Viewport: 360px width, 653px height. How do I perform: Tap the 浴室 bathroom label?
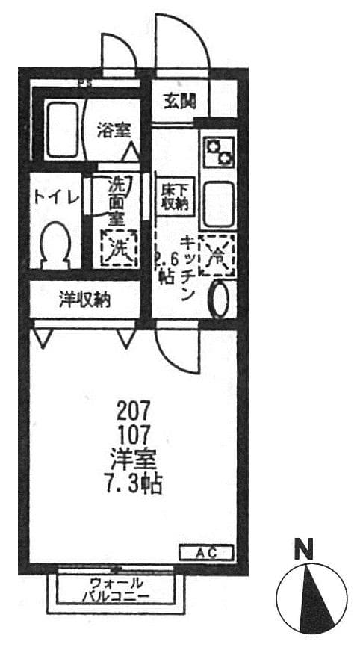pyautogui.click(x=113, y=129)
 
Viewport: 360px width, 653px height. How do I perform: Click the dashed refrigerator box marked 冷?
pyautogui.click(x=217, y=254)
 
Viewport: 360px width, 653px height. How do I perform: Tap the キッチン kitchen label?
pyautogui.click(x=187, y=267)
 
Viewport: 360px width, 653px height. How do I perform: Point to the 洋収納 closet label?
pyautogui.click(x=85, y=301)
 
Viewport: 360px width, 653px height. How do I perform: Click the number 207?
pyautogui.click(x=134, y=410)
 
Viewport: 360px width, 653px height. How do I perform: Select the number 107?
pyautogui.click(x=134, y=433)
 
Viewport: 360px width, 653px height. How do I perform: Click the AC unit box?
pyautogui.click(x=205, y=553)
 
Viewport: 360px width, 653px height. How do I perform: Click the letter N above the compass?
pyautogui.click(x=303, y=551)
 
